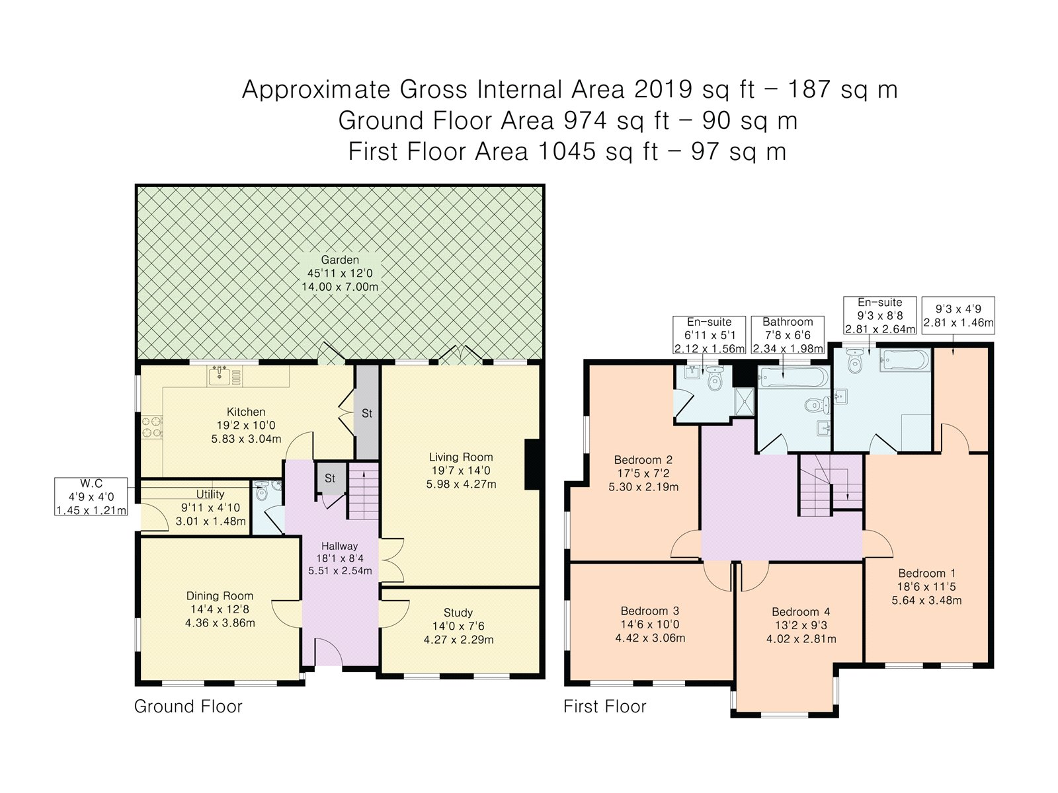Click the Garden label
[340, 260]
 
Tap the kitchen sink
[225, 375]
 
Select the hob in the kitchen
[152, 428]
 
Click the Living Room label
[461, 457]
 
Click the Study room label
[458, 613]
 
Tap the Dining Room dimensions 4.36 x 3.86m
[220, 623]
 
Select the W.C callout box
[91, 496]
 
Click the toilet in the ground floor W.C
[262, 492]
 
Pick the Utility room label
[210, 494]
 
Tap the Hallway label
[340, 546]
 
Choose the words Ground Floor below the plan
[188, 706]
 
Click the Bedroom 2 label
[643, 460]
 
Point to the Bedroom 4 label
[801, 612]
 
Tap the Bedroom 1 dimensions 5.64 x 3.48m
[926, 601]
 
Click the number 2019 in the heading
[663, 89]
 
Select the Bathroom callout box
[788, 335]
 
